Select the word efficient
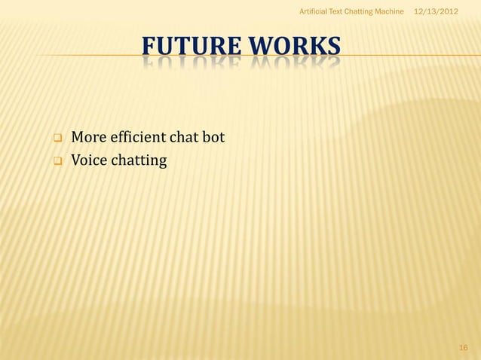[x=139, y=138]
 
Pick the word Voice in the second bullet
[x=88, y=160]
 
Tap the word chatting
[x=139, y=160]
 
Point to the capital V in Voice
[x=76, y=160]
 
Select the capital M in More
[x=78, y=138]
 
